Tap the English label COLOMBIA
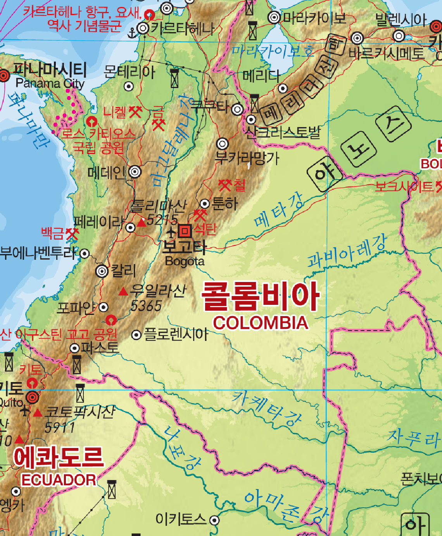click(x=261, y=323)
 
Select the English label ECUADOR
click(x=59, y=480)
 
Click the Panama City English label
click(x=50, y=83)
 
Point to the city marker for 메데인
click(x=135, y=171)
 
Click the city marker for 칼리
click(x=102, y=271)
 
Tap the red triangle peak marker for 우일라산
click(x=123, y=291)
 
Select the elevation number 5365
click(x=146, y=306)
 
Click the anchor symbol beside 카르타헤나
click(x=133, y=33)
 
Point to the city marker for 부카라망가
click(x=222, y=144)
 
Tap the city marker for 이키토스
click(x=214, y=520)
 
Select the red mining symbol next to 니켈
click(x=135, y=112)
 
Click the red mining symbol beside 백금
click(x=72, y=233)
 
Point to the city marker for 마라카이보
click(x=275, y=17)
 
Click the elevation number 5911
click(x=60, y=427)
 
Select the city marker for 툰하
click(x=205, y=204)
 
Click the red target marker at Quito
click(x=33, y=397)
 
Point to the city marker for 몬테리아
click(x=129, y=86)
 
